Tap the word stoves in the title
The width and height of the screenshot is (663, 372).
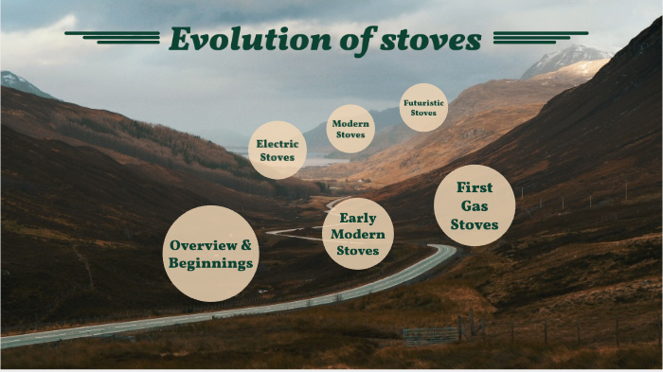(x=434, y=40)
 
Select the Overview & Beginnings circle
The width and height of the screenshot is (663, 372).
(x=211, y=254)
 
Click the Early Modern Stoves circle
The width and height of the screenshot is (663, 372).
(x=358, y=234)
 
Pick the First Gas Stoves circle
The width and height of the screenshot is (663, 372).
(x=475, y=205)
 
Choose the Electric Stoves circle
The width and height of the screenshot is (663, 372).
(x=278, y=151)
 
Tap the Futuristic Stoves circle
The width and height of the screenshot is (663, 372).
(x=423, y=108)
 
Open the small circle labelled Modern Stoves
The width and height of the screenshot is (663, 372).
(x=350, y=129)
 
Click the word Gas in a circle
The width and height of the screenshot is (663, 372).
(x=475, y=205)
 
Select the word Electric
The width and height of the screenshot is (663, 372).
(x=278, y=144)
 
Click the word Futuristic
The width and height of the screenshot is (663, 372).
(x=423, y=102)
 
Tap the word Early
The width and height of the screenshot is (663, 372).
(x=358, y=218)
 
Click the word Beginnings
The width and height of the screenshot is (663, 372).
(x=211, y=263)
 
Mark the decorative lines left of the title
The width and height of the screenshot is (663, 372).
(x=114, y=37)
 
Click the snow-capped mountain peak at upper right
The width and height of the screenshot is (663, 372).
(x=568, y=57)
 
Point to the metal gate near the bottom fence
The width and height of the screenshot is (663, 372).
(x=430, y=335)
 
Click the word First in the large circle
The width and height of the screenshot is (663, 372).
(x=475, y=187)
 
